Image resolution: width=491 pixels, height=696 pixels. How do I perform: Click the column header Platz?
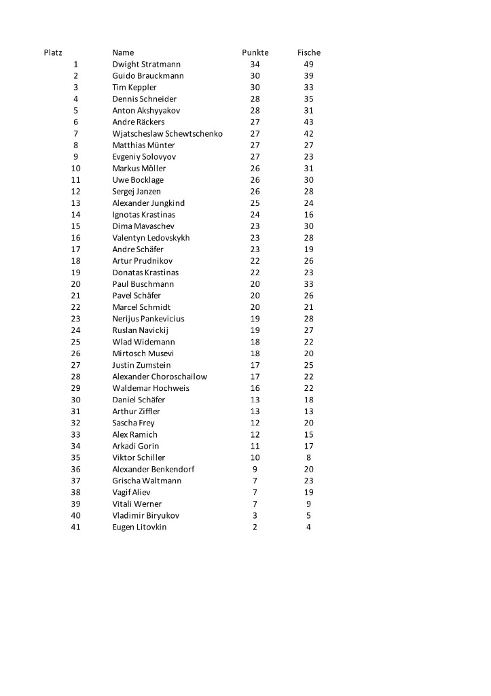pos(53,52)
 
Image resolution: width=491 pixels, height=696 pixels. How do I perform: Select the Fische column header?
pos(309,52)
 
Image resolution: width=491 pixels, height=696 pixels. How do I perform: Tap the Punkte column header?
pos(255,52)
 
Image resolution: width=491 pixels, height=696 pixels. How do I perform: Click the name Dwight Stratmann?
pos(146,64)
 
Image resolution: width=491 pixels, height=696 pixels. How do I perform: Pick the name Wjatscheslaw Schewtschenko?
pos(167,133)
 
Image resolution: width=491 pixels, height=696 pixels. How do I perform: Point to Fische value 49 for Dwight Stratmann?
pos(309,64)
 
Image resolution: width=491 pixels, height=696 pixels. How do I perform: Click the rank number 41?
pos(75,527)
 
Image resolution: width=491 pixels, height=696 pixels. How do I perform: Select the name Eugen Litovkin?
pos(139,527)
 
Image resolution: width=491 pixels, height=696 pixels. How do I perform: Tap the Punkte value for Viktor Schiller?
pos(255,457)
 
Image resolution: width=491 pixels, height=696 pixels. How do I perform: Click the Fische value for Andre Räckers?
pos(309,122)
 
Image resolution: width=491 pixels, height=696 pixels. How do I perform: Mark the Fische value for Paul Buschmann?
pos(309,283)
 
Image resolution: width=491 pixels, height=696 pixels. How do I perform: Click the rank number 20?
pos(75,283)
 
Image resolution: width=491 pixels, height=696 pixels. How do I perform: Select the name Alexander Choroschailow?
pos(160,377)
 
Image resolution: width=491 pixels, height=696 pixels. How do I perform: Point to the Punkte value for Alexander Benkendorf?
pos(255,469)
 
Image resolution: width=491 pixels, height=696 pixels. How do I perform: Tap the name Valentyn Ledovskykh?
pos(151,238)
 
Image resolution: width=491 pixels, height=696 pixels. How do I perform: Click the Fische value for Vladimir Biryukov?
pos(309,515)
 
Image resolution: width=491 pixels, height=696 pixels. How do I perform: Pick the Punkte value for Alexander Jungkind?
pos(255,203)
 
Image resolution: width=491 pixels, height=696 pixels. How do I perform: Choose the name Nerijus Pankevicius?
pos(148,318)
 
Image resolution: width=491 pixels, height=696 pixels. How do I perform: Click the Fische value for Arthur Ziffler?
pos(309,411)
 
